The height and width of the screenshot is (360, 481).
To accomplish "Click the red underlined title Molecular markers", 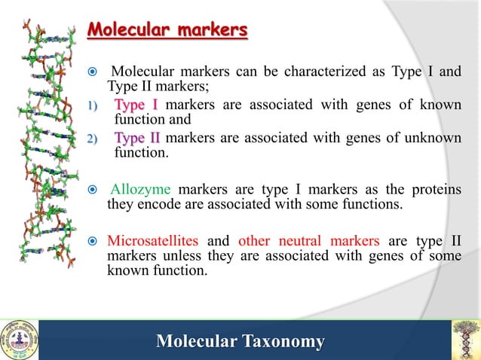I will [x=167, y=31].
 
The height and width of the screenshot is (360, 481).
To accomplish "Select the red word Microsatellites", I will [x=153, y=241].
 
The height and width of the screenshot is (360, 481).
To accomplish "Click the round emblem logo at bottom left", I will [x=18, y=340].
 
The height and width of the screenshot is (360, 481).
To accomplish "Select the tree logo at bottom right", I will [x=465, y=340].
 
